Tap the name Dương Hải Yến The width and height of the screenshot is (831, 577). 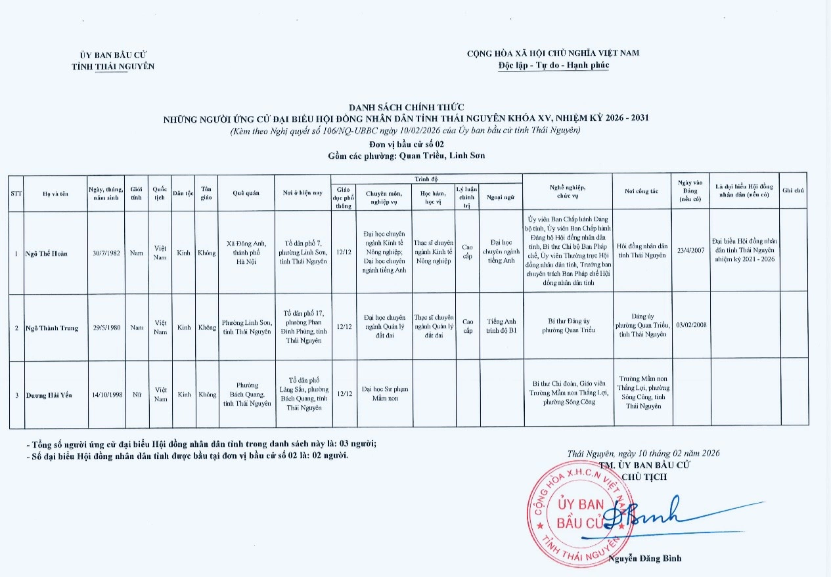[49, 395]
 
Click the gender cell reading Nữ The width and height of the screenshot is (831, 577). [137, 395]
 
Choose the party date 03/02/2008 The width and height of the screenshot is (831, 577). [690, 324]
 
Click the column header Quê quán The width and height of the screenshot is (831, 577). [246, 193]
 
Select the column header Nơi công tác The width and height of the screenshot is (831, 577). [641, 191]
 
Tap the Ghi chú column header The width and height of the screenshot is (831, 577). [794, 190]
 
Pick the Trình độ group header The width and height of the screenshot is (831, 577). [426, 179]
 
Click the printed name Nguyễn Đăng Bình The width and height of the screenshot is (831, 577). [644, 559]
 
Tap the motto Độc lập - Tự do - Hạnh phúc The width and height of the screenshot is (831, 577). [553, 65]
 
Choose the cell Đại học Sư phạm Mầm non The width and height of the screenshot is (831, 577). [384, 394]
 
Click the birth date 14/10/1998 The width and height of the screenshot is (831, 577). [107, 395]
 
